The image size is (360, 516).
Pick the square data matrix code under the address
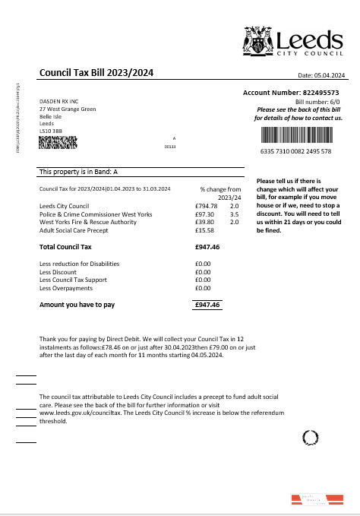(x=58, y=142)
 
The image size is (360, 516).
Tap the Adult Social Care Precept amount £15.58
(x=204, y=230)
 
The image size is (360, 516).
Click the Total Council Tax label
(x=65, y=247)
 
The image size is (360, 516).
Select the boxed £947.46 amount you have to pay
(x=207, y=305)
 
